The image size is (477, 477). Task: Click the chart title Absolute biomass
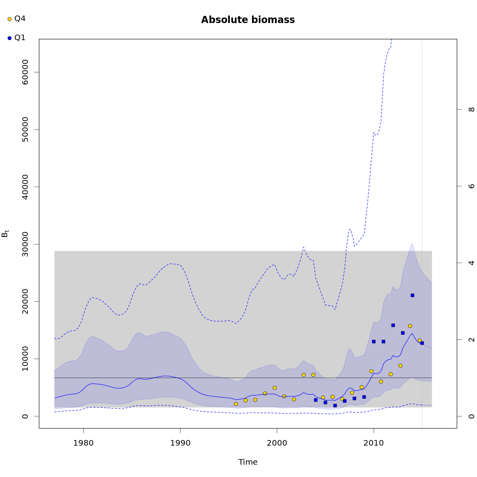[x=248, y=20]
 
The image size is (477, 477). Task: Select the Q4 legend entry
[x=16, y=19]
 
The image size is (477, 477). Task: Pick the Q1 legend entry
[x=16, y=38]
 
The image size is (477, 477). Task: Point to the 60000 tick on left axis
[x=25, y=72]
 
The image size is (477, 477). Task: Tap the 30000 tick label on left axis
[x=25, y=244]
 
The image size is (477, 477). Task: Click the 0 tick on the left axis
[x=25, y=416]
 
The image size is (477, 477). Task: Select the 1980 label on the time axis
[x=83, y=442]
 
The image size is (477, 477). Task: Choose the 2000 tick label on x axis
[x=277, y=442]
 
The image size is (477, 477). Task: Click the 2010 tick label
[x=374, y=442]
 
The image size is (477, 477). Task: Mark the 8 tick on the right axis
[x=471, y=109]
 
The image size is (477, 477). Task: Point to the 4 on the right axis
[x=471, y=263]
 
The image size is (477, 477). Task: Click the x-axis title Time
[x=248, y=462]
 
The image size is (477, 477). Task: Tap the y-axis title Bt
[x=5, y=233]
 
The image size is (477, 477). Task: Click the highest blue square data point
[x=412, y=295]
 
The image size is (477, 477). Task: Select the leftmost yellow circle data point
[x=236, y=404]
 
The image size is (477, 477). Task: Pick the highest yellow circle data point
[x=410, y=326]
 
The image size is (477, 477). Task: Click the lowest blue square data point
[x=335, y=405]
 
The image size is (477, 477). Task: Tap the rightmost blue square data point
[x=422, y=343]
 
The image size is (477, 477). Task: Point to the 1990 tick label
[x=180, y=442]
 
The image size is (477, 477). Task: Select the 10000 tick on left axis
[x=25, y=359]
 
